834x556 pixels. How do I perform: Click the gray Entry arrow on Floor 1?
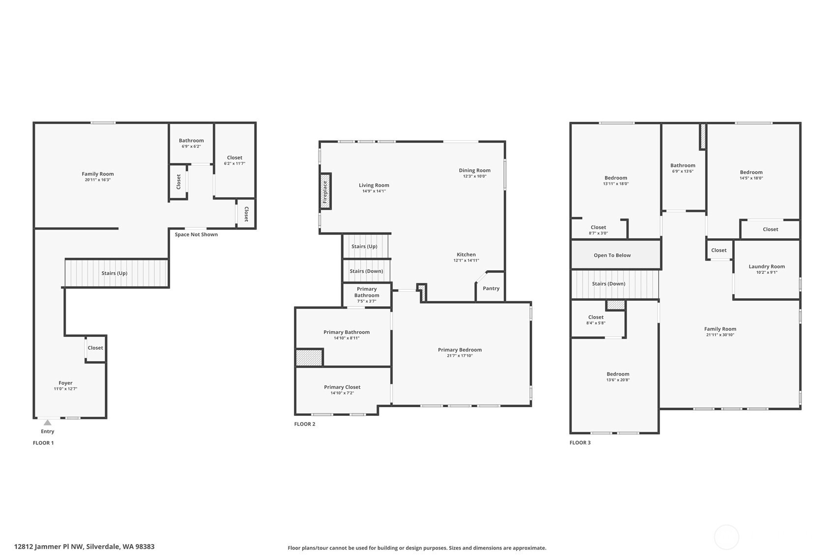(47, 423)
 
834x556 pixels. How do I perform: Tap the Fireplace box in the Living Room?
(325, 191)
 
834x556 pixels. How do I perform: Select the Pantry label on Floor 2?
(491, 288)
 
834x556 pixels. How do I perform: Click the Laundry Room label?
(767, 266)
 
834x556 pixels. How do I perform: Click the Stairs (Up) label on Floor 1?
(115, 273)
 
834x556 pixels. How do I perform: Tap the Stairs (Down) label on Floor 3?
(609, 283)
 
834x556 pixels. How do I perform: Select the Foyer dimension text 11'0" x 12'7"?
(65, 389)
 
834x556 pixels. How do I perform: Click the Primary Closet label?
(342, 387)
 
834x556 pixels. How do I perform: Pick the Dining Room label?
(475, 170)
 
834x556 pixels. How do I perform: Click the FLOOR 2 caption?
(305, 424)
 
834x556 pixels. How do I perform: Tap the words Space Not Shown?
(196, 234)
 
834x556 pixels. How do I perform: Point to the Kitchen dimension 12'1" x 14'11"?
(466, 261)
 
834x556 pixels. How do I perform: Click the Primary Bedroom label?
(460, 350)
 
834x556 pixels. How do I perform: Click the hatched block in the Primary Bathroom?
(309, 357)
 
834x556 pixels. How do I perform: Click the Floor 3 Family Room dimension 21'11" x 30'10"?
(720, 335)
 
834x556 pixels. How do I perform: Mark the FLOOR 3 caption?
(580, 442)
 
